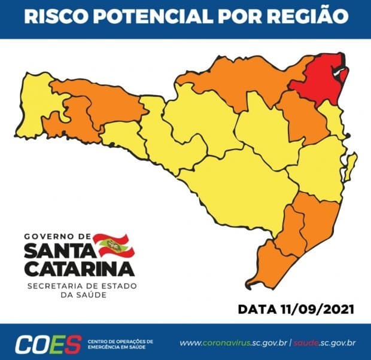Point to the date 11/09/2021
[321, 310]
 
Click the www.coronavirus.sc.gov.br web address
[234, 343]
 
